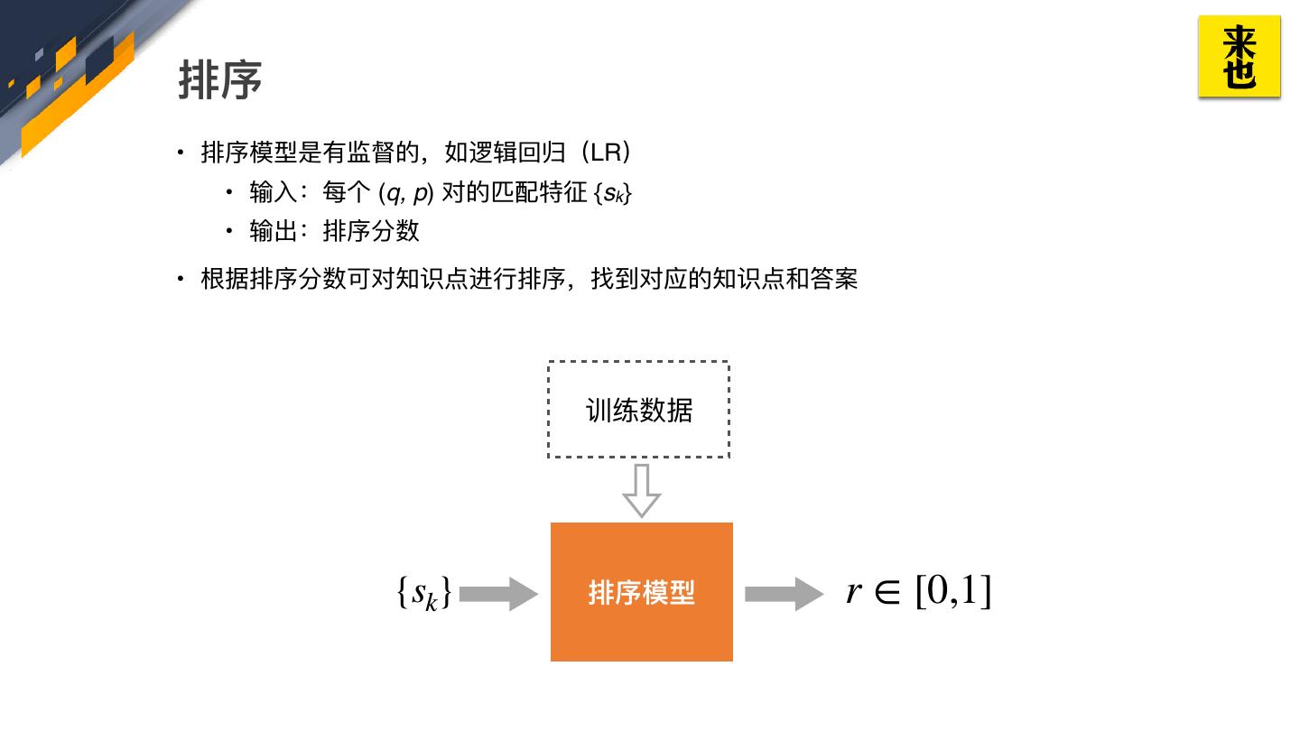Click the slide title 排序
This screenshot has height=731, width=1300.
pos(219,79)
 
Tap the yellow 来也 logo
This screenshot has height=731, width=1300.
pos(1239,57)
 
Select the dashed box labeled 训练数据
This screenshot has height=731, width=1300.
pos(638,410)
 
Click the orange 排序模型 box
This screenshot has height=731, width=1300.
pos(641,592)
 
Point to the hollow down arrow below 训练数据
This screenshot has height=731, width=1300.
pos(641,490)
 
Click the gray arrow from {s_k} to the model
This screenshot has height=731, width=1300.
pos(497,593)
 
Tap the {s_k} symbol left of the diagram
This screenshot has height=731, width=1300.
pos(422,593)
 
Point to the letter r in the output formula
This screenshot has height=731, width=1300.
pos(854,592)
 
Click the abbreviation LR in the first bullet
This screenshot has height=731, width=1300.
pos(606,152)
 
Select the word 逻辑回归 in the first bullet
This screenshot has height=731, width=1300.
pos(517,152)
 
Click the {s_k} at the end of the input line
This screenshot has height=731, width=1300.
pos(613,193)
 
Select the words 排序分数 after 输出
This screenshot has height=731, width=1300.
pos(371,231)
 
